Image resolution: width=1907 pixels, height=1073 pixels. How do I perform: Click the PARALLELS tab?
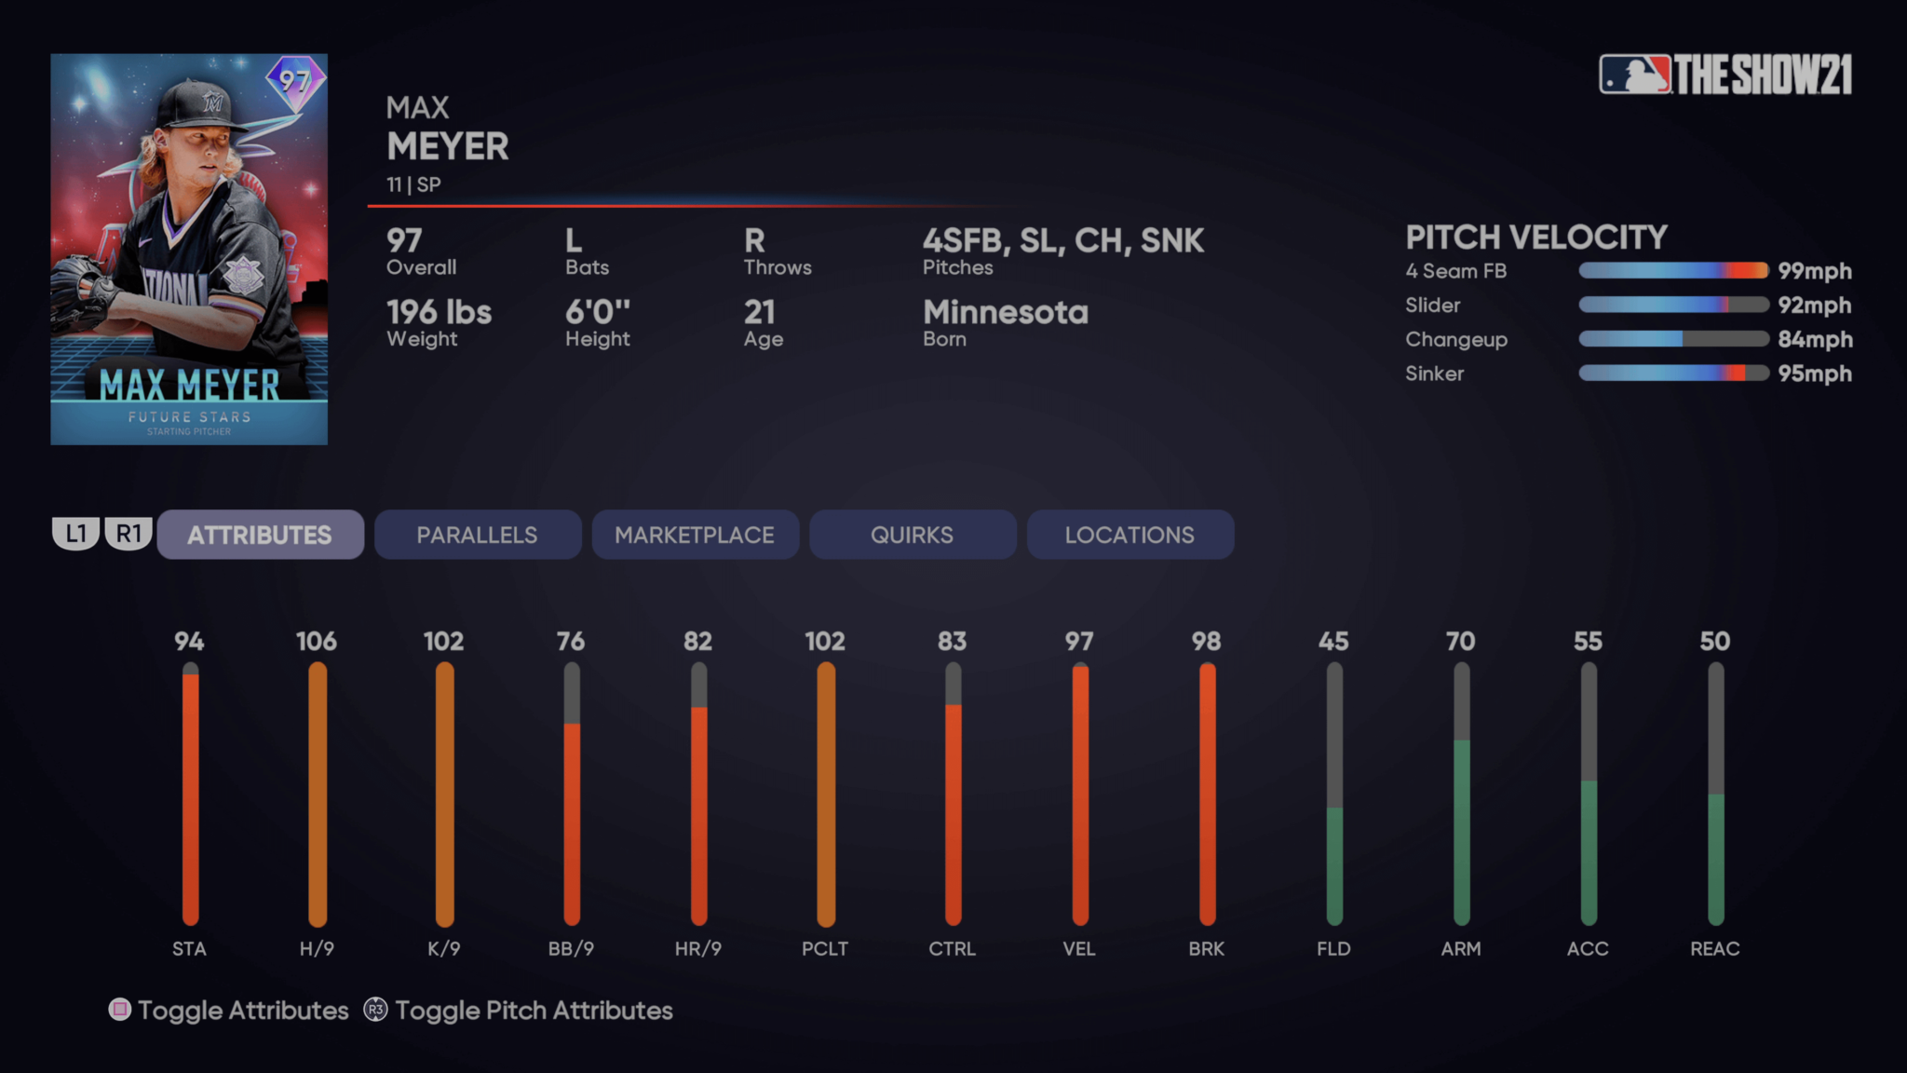[477, 535]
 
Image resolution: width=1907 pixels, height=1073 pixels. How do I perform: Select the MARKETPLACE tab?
[695, 535]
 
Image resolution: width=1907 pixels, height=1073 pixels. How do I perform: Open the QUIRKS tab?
[912, 535]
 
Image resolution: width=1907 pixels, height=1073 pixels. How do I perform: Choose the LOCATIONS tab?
[1129, 535]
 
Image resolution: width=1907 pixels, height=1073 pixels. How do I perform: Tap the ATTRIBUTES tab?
[260, 535]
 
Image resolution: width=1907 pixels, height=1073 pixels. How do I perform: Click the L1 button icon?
[75, 534]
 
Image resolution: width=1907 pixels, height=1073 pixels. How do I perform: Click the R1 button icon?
[128, 534]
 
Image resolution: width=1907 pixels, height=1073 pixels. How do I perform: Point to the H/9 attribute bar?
[318, 794]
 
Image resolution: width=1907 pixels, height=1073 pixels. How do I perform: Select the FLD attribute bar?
[1334, 794]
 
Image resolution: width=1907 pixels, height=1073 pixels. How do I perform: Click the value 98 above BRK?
[1206, 641]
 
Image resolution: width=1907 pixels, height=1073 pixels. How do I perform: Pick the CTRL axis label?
[952, 948]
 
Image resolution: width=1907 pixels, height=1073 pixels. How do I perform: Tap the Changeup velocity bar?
[1673, 339]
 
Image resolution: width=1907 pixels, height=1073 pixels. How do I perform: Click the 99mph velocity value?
[1814, 271]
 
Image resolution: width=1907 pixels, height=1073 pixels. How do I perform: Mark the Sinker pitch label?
[1434, 374]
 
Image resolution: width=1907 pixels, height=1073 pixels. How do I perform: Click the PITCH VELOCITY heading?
[1535, 238]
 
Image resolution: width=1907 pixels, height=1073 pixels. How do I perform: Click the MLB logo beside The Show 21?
[1634, 75]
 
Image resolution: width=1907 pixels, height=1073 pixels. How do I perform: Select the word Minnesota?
[1005, 312]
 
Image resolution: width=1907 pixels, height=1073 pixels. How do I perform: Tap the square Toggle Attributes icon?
[120, 1010]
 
